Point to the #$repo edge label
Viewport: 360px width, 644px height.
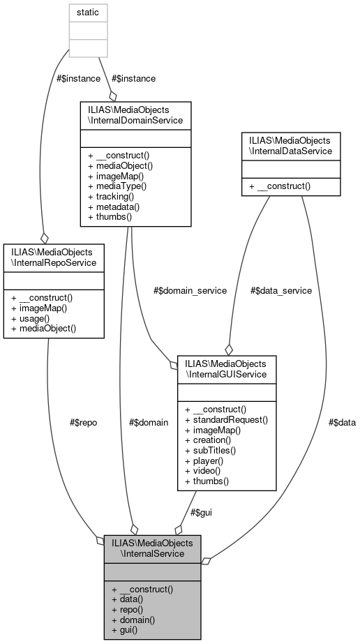click(x=84, y=422)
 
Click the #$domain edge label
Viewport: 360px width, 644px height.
click(x=149, y=422)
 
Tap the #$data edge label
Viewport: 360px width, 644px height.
click(x=342, y=422)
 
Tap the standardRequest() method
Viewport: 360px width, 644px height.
click(x=226, y=421)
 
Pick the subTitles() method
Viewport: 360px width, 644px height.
click(x=210, y=451)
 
